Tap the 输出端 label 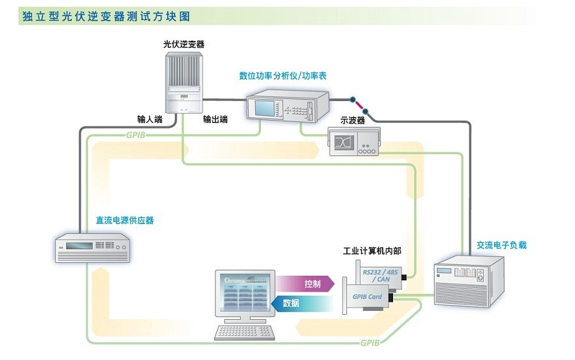pyautogui.click(x=216, y=120)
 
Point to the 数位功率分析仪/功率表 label pyautogui.click(x=283, y=76)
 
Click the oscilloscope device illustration pyautogui.click(x=354, y=142)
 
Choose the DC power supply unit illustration pyautogui.click(x=94, y=248)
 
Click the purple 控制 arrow pyautogui.click(x=306, y=284)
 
